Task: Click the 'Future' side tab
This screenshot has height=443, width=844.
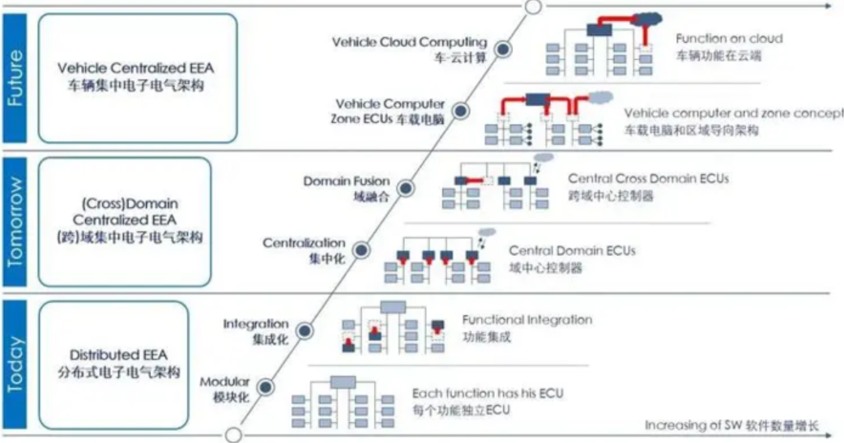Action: [x=15, y=78]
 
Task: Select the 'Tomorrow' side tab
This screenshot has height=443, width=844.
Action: [x=15, y=222]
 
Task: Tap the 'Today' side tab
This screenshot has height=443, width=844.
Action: [x=15, y=364]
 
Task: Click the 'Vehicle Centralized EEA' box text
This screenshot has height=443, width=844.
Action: [x=135, y=68]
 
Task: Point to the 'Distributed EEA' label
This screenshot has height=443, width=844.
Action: [x=118, y=356]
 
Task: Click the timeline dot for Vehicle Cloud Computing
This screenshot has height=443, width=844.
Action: [x=503, y=49]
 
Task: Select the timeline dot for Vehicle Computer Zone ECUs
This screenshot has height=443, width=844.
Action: [x=460, y=112]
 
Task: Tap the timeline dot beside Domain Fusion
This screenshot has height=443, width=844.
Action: [x=405, y=189]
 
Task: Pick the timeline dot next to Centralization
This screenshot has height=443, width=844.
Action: [x=361, y=250]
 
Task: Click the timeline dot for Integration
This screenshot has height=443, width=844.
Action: [x=304, y=331]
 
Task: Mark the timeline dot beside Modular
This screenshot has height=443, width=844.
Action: [x=265, y=387]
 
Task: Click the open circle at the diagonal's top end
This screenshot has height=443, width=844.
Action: [x=533, y=7]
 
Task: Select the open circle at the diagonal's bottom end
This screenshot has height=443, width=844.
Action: [x=233, y=435]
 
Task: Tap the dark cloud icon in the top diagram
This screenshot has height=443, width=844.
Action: [x=647, y=19]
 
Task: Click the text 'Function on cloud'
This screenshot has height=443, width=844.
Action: [x=729, y=39]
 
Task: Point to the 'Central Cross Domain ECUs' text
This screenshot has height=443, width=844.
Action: [x=648, y=179]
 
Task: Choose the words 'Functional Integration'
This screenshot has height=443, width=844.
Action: [x=527, y=320]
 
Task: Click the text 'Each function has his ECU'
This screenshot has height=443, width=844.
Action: [x=488, y=394]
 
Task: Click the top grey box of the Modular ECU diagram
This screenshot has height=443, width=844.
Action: [x=343, y=382]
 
